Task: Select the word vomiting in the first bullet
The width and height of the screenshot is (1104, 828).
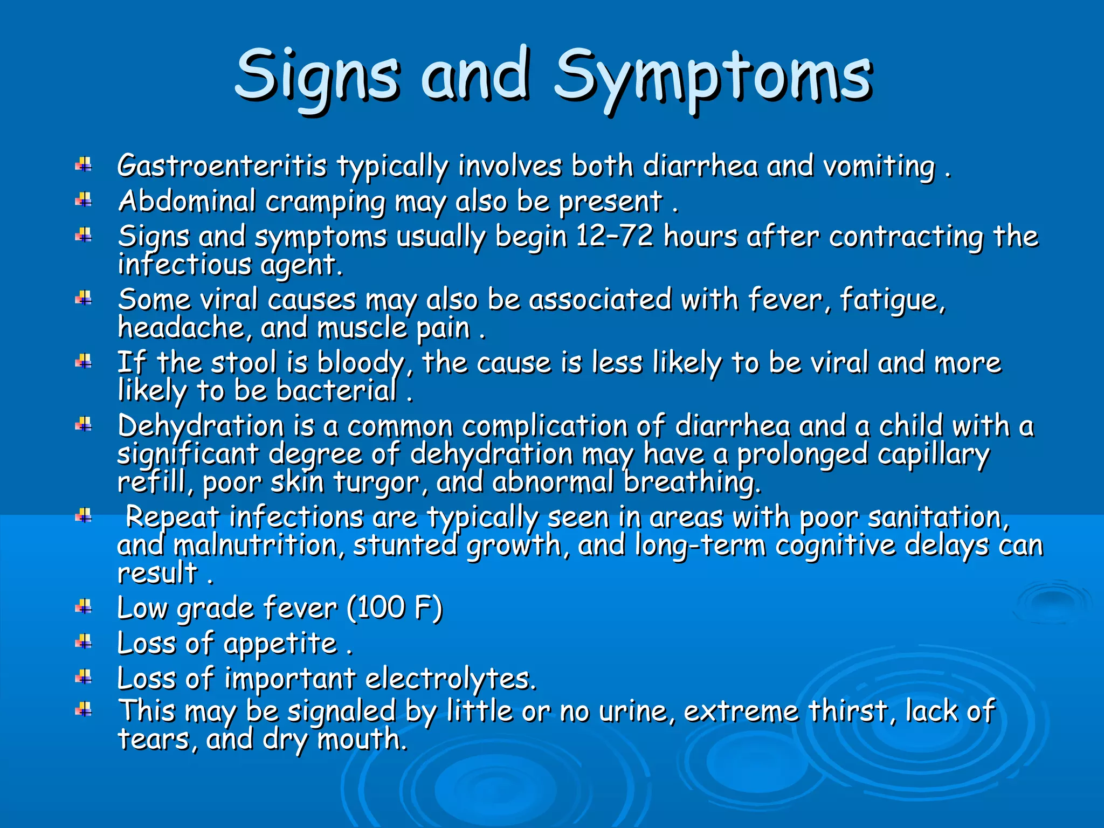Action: coord(879,167)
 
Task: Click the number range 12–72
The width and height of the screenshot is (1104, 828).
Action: coord(615,236)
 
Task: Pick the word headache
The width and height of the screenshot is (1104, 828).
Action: coord(181,327)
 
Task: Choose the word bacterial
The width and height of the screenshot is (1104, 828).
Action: coord(336,390)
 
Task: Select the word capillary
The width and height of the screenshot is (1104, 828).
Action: coord(933,454)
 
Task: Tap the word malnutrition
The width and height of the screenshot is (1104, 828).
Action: coord(259,546)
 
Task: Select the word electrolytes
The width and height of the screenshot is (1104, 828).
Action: coord(451,679)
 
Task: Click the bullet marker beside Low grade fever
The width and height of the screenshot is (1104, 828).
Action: coord(84,608)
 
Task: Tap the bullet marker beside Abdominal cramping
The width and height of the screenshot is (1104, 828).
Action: coord(84,201)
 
